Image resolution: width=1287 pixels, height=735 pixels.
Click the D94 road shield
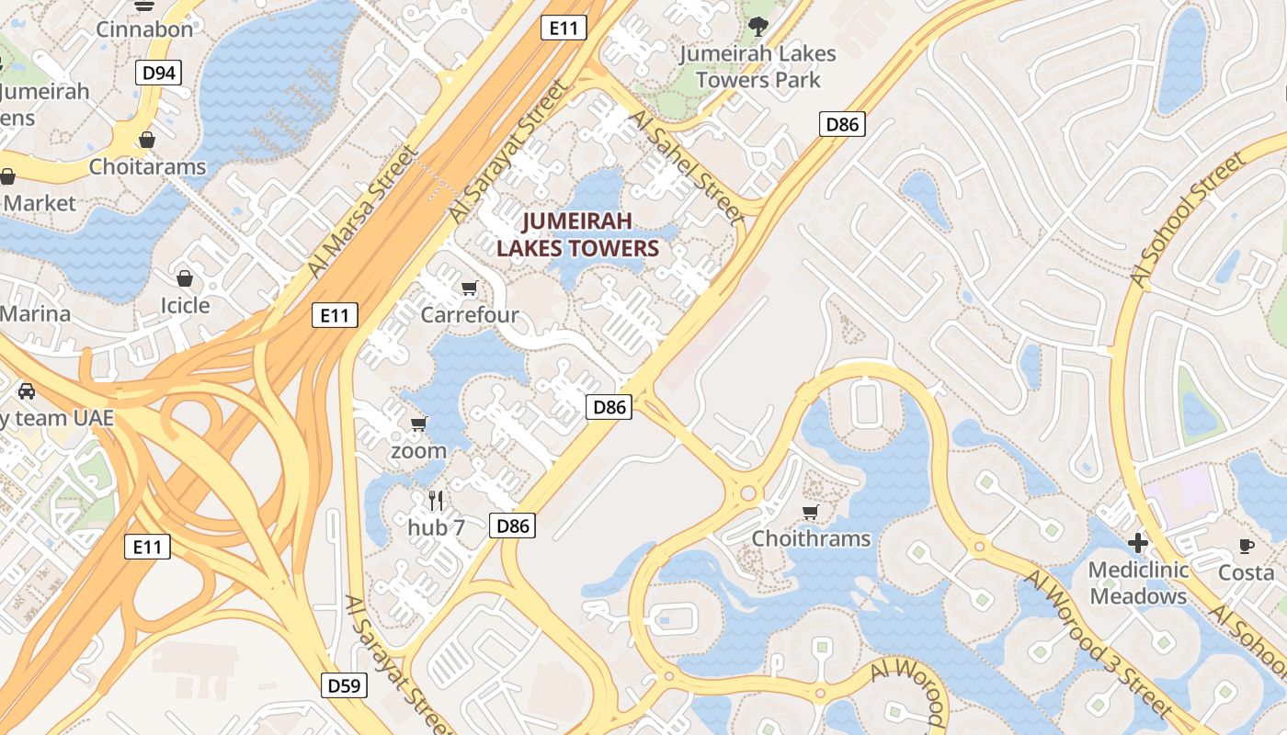(x=159, y=73)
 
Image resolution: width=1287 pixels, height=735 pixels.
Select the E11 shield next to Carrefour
(x=334, y=315)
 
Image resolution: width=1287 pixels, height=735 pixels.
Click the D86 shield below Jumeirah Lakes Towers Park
(x=842, y=124)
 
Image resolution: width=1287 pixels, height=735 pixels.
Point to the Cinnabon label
(x=145, y=29)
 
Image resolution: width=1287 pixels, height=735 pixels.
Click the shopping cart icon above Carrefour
(x=470, y=288)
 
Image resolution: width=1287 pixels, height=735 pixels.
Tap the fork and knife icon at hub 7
(x=436, y=501)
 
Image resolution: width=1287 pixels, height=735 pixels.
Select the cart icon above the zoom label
(x=419, y=424)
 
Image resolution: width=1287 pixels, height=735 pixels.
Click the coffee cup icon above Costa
(x=1246, y=546)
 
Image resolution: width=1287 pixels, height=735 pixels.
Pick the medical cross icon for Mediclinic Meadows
(x=1138, y=542)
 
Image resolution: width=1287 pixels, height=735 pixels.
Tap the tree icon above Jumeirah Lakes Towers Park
(x=757, y=26)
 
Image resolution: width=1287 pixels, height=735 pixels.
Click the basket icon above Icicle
(x=185, y=277)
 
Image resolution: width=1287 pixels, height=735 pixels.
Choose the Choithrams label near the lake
(x=811, y=538)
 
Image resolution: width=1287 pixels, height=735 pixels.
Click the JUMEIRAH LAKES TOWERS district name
(x=577, y=234)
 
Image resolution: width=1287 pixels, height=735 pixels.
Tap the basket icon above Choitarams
(x=147, y=140)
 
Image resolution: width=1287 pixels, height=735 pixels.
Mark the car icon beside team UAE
(x=27, y=391)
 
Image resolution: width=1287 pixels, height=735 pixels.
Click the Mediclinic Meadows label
(x=1138, y=582)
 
